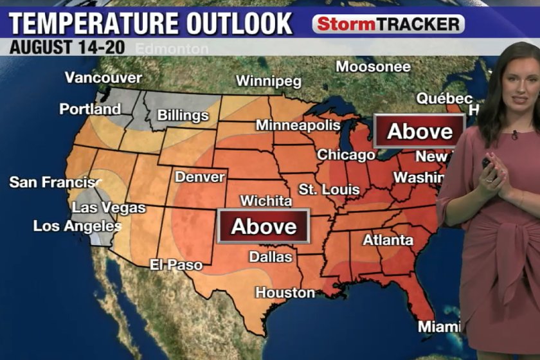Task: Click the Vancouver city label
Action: click(104, 78)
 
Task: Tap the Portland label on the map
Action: click(90, 109)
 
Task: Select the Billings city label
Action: click(183, 116)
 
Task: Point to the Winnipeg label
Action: click(269, 81)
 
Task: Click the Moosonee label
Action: click(373, 66)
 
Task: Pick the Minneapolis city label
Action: click(298, 124)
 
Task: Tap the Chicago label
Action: click(346, 155)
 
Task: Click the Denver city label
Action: click(200, 177)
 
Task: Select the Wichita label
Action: click(266, 201)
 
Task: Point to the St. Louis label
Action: click(329, 190)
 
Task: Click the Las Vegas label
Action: click(109, 208)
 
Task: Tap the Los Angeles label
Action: click(77, 226)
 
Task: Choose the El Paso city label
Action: click(176, 264)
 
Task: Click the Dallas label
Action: click(271, 256)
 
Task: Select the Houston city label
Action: click(285, 292)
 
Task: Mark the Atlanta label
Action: click(388, 240)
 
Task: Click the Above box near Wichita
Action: click(264, 226)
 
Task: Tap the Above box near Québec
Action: click(419, 131)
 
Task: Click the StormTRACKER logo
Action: click(388, 24)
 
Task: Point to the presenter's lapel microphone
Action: click(514, 135)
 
